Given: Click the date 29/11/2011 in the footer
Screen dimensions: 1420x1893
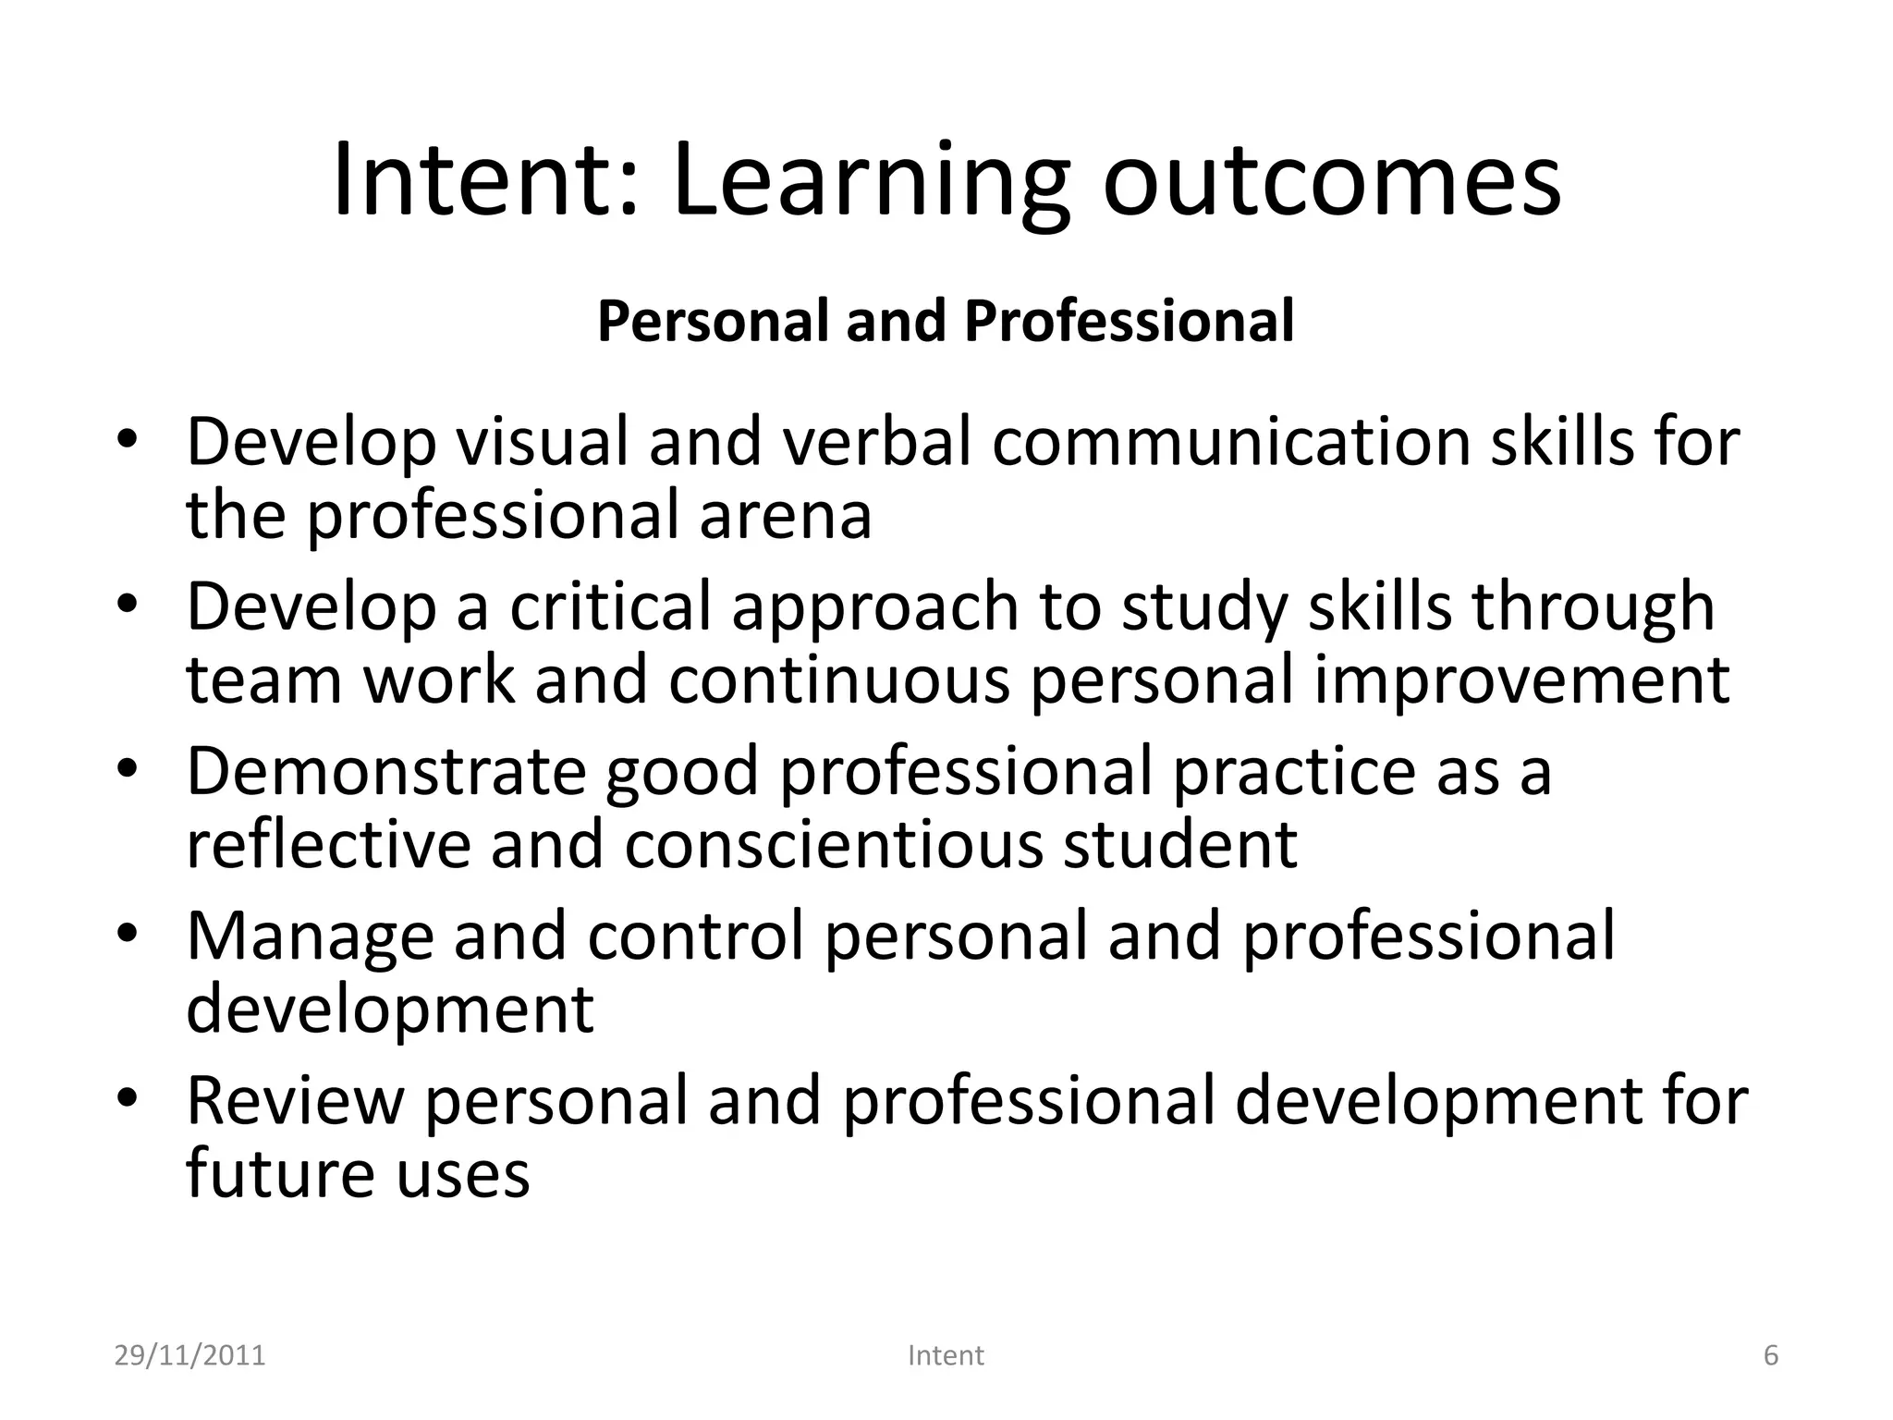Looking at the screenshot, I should [189, 1355].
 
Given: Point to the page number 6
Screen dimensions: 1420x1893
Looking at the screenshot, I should [1771, 1355].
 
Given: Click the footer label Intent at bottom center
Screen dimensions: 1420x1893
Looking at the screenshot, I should [946, 1355].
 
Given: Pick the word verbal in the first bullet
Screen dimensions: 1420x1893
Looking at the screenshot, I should [877, 442].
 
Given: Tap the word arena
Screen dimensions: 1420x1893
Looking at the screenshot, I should [785, 516].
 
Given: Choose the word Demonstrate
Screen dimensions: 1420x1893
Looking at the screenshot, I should [385, 771].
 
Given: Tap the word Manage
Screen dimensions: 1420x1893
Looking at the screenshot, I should [310, 936].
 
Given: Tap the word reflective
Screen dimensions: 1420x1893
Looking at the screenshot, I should [328, 844].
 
